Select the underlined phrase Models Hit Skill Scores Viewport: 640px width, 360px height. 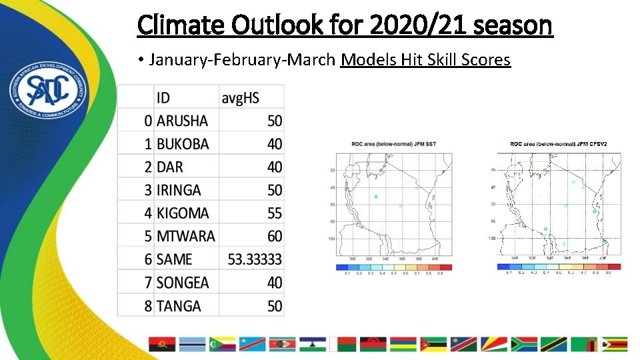point(425,60)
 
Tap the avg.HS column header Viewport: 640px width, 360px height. point(240,97)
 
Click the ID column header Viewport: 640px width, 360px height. point(163,97)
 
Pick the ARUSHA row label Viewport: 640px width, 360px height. point(182,121)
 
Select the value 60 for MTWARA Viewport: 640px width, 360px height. point(274,237)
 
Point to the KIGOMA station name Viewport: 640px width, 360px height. point(182,213)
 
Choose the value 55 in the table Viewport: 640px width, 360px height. point(274,213)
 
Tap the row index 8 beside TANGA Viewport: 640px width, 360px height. point(148,306)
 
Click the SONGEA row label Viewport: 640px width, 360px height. point(182,283)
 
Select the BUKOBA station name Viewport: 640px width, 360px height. point(182,144)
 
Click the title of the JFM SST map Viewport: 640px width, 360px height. point(393,143)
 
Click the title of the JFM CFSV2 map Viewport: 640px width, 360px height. point(563,144)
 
